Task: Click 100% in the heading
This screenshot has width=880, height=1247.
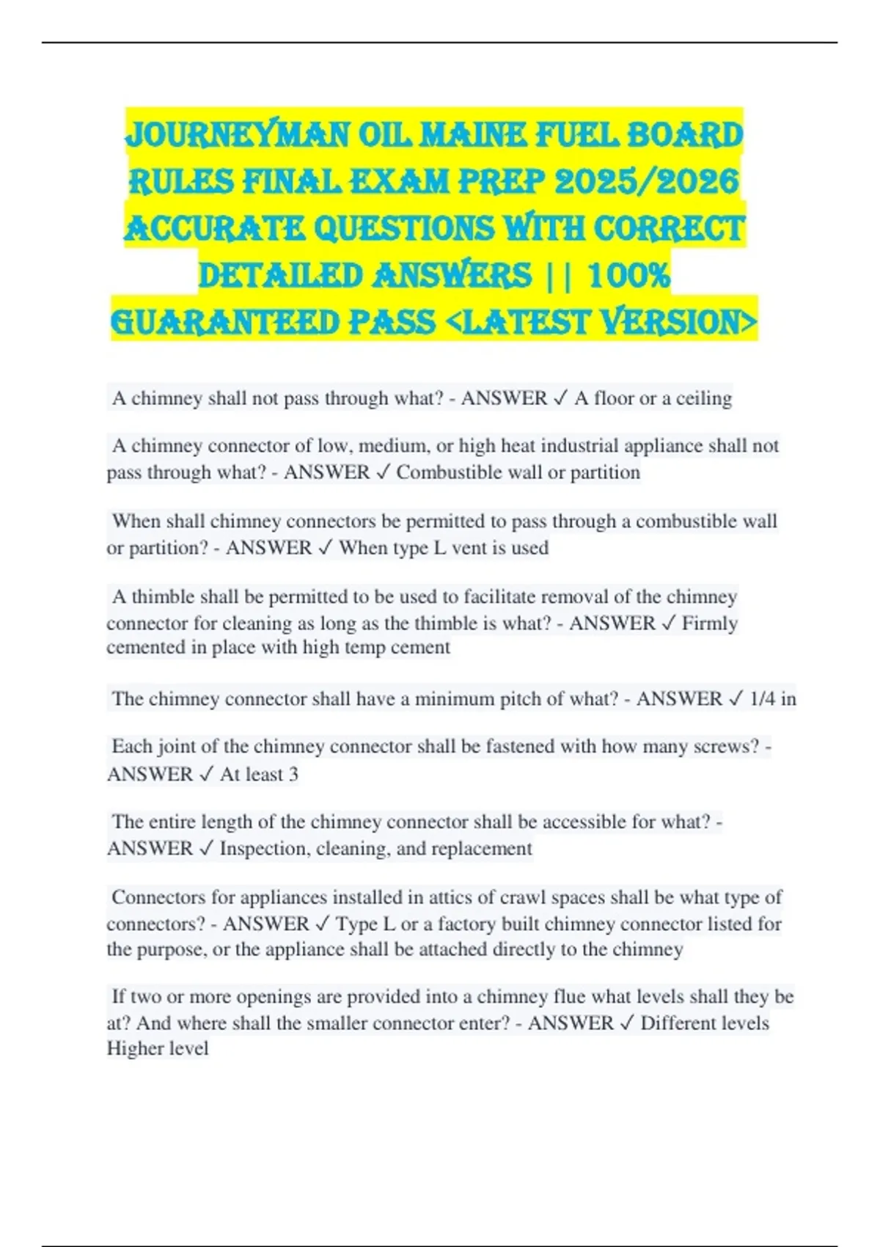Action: click(x=629, y=276)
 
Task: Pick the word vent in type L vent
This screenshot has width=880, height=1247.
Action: click(x=471, y=548)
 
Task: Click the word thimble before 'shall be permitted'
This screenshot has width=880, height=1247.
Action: click(x=163, y=597)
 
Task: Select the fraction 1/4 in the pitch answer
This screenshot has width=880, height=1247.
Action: click(x=762, y=699)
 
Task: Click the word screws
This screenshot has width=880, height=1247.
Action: click(x=727, y=747)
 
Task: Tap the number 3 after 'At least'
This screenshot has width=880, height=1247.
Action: click(x=293, y=775)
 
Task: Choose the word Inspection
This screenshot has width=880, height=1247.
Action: click(x=265, y=849)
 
